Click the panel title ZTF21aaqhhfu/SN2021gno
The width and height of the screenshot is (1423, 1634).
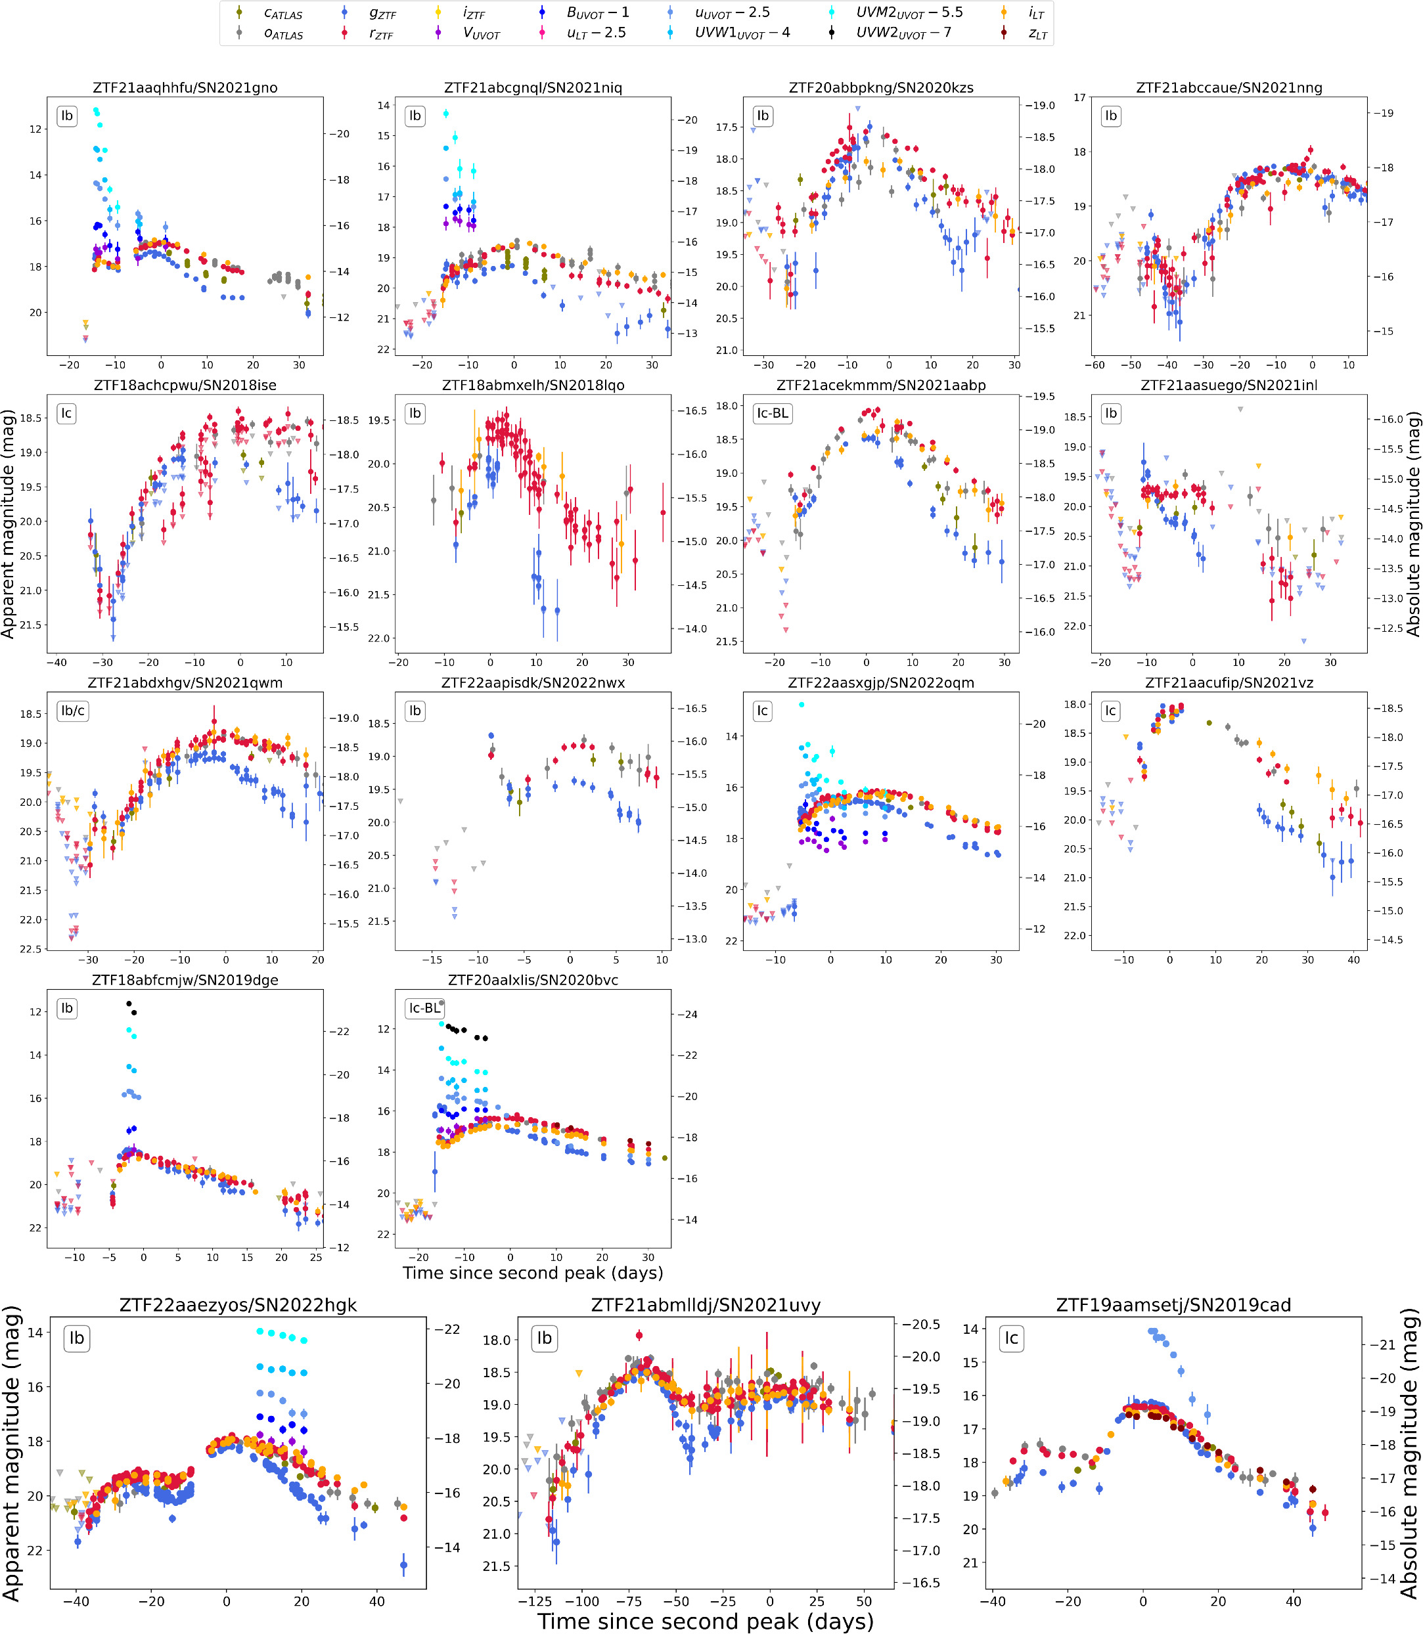[185, 87]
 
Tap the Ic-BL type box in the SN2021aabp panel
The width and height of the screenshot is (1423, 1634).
[773, 414]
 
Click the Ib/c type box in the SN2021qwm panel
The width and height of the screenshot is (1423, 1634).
[73, 711]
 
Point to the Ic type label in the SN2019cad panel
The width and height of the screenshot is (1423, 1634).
[1011, 1338]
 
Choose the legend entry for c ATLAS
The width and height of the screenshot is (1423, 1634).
[269, 14]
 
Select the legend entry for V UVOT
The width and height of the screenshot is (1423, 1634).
[468, 34]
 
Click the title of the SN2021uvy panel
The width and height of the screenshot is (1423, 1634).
[706, 1305]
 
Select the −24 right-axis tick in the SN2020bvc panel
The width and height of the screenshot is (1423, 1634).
[688, 1014]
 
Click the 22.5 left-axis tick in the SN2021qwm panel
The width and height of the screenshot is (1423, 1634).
[31, 949]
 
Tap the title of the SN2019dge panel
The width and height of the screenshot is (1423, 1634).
[185, 980]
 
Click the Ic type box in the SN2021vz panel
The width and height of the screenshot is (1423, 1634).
[1110, 711]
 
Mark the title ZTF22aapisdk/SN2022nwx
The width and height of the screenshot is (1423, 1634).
[533, 683]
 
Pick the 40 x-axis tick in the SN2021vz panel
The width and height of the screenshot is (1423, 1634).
[1354, 960]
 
